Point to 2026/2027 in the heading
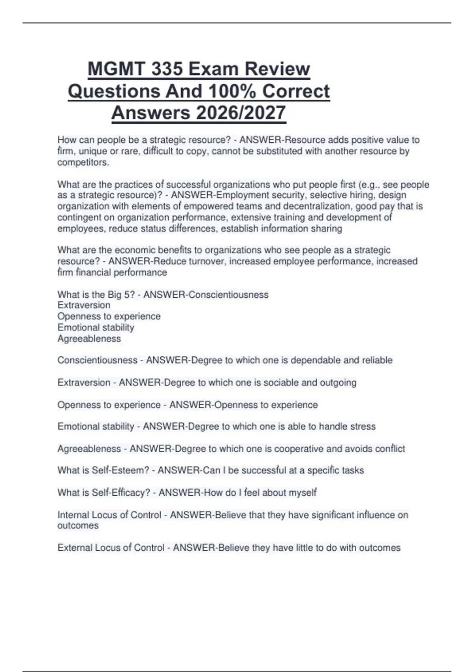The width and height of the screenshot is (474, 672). click(241, 113)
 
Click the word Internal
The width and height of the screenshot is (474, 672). click(73, 515)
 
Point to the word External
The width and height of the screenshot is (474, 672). click(74, 547)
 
